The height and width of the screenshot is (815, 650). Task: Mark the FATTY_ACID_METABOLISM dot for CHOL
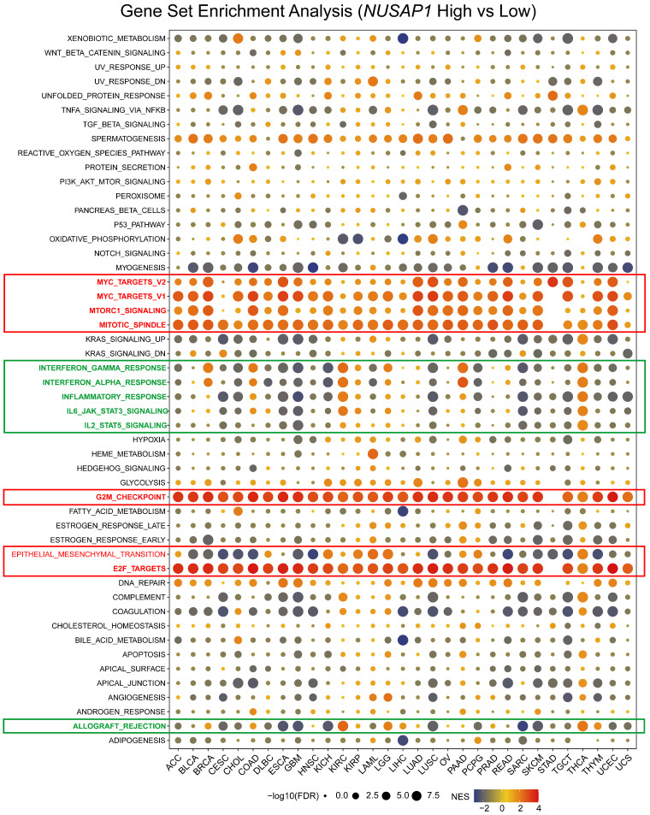(238, 511)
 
